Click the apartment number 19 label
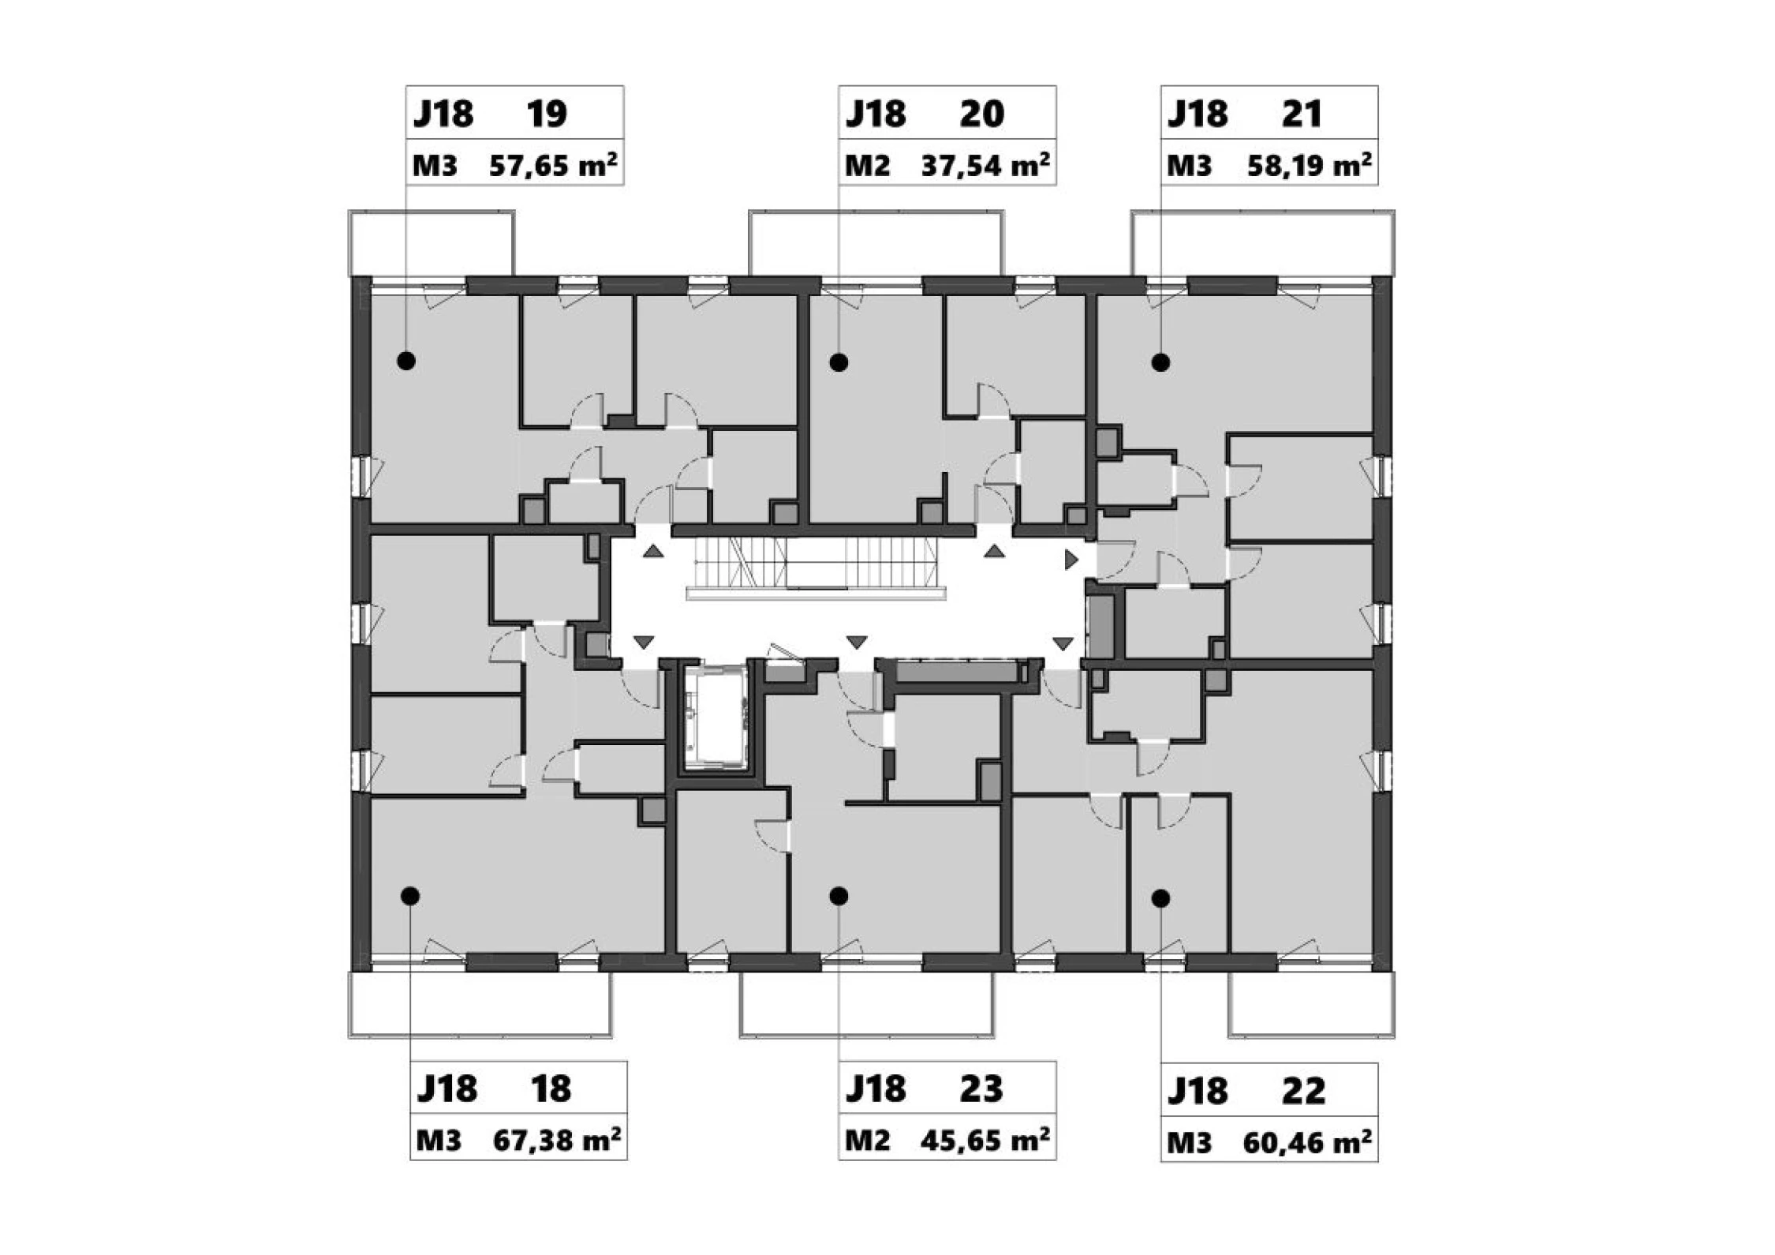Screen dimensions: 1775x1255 (x=547, y=114)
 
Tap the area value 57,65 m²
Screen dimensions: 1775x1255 (x=553, y=166)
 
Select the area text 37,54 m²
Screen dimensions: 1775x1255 (x=985, y=166)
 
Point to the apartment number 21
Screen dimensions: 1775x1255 (x=1302, y=114)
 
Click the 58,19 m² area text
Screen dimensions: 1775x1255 (x=1309, y=166)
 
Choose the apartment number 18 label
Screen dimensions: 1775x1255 (x=551, y=1088)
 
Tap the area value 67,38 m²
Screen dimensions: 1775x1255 (x=556, y=1141)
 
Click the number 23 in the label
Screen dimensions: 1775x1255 (x=981, y=1089)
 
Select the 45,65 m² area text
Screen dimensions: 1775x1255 (x=985, y=1141)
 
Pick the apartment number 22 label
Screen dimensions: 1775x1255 (x=1303, y=1091)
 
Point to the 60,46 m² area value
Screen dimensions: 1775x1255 (x=1307, y=1143)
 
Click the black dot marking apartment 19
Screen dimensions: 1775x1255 (x=406, y=361)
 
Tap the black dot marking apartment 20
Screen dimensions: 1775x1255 (x=839, y=362)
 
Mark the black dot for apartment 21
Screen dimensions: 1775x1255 (x=1160, y=362)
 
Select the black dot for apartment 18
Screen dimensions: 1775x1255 (x=409, y=896)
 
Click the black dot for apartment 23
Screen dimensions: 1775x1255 (x=839, y=896)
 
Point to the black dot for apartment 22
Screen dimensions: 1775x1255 (x=1160, y=897)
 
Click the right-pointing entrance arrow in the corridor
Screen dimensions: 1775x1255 (x=1071, y=560)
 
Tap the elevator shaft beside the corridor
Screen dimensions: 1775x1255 (x=716, y=717)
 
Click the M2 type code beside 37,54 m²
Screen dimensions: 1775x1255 (x=867, y=167)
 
